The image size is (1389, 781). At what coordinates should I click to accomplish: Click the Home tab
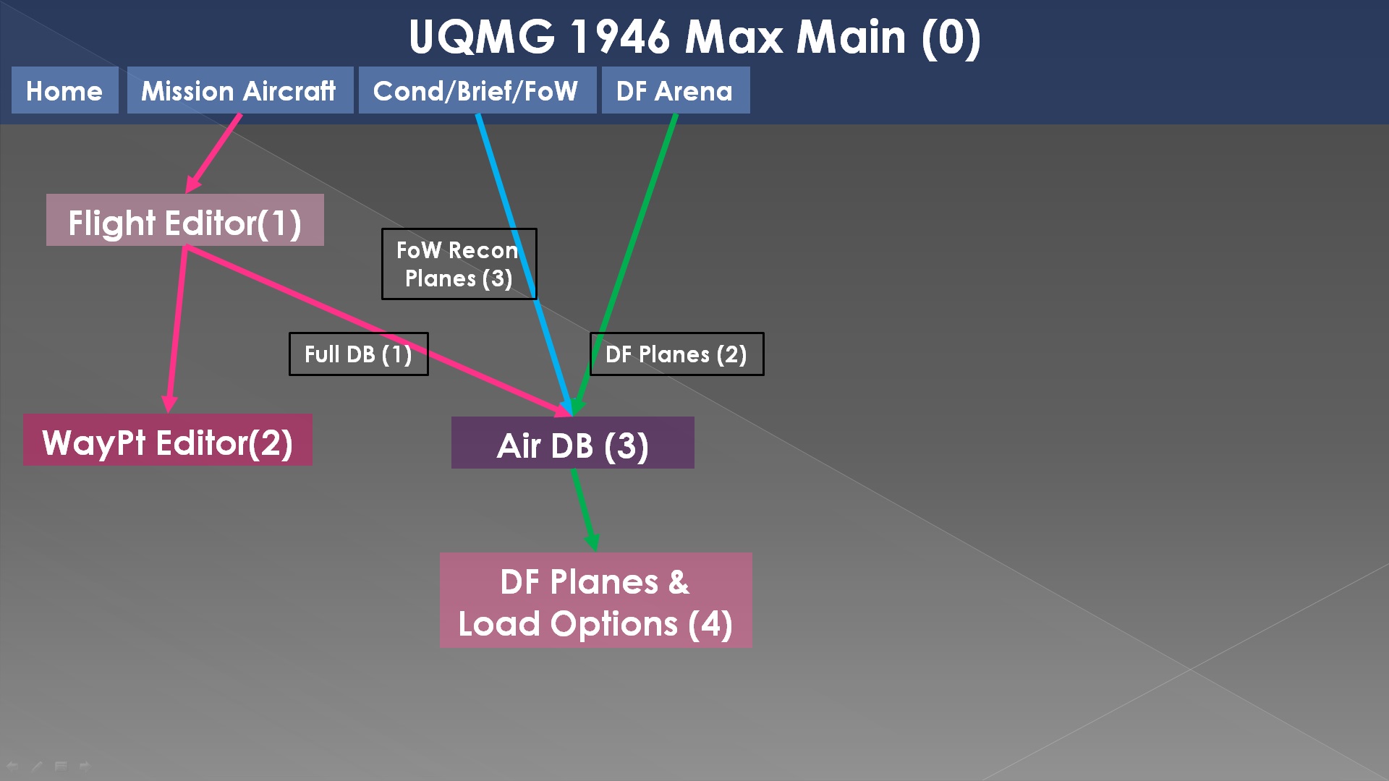point(64,90)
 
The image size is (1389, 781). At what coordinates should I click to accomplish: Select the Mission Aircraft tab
point(239,90)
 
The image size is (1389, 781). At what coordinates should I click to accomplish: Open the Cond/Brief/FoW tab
point(477,90)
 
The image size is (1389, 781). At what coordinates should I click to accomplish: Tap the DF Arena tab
point(675,90)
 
